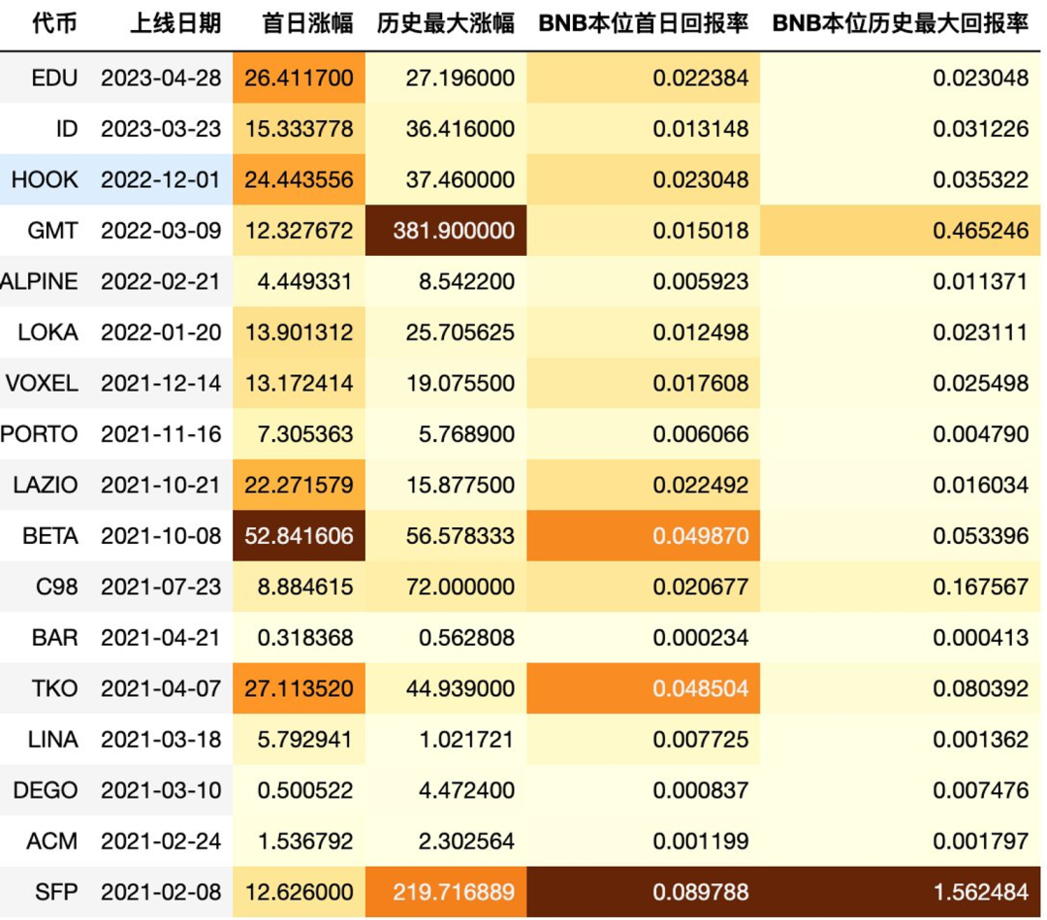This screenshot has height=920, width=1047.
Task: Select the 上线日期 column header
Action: coord(175,24)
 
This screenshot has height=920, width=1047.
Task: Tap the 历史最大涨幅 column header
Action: coord(446,24)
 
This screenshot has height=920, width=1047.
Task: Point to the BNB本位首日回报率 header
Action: coord(644,24)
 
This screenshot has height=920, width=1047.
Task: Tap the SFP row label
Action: coord(55,891)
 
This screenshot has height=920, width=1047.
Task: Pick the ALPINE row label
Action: coord(40,282)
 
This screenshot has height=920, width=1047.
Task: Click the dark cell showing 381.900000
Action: coord(446,231)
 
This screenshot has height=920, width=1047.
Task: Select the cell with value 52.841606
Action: coord(299,536)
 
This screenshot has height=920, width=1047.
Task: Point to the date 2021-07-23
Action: coord(161,587)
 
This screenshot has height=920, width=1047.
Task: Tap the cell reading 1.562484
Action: coord(980,891)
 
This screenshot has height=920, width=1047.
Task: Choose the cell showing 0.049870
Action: coord(701,536)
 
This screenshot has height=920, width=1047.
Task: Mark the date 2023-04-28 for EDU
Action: coord(161,78)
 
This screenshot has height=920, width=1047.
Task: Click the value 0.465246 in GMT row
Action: coord(980,231)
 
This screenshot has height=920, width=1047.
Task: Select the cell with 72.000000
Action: coord(460,587)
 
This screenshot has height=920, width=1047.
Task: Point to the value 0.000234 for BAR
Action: coord(701,638)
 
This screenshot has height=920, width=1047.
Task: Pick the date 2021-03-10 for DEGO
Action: coord(161,790)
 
